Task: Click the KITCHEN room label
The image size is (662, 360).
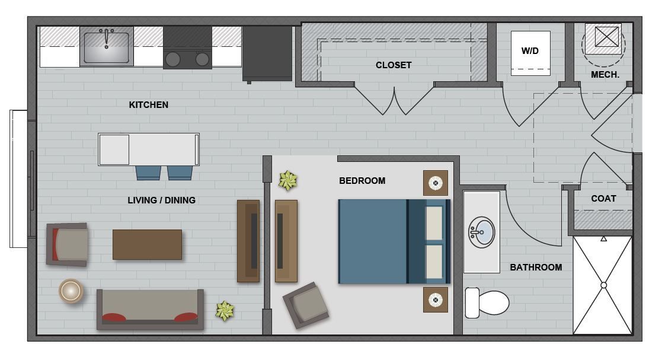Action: point(149,105)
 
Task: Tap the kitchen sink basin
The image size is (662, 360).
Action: point(106,47)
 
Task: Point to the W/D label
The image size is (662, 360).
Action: point(530,51)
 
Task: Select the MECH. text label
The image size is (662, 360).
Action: point(605,75)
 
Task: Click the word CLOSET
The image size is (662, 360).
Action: point(394,65)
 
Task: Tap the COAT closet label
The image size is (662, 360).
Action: point(603,199)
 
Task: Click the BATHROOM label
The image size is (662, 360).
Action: point(536,267)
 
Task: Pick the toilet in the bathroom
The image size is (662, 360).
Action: point(488,302)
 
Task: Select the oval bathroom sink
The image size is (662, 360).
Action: point(482,231)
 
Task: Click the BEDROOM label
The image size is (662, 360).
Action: point(362,181)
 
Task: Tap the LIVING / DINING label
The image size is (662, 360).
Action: point(161,200)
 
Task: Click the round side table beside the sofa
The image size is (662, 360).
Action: point(71,291)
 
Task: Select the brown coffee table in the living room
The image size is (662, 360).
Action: point(147,244)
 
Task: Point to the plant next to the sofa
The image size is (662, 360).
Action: point(225,310)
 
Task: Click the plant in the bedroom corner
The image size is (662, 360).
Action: point(288,181)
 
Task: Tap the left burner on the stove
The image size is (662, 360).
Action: point(173,59)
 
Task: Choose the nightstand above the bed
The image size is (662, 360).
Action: point(436,183)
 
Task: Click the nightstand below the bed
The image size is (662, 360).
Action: point(436,300)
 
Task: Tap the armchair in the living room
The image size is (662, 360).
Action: point(68,244)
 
